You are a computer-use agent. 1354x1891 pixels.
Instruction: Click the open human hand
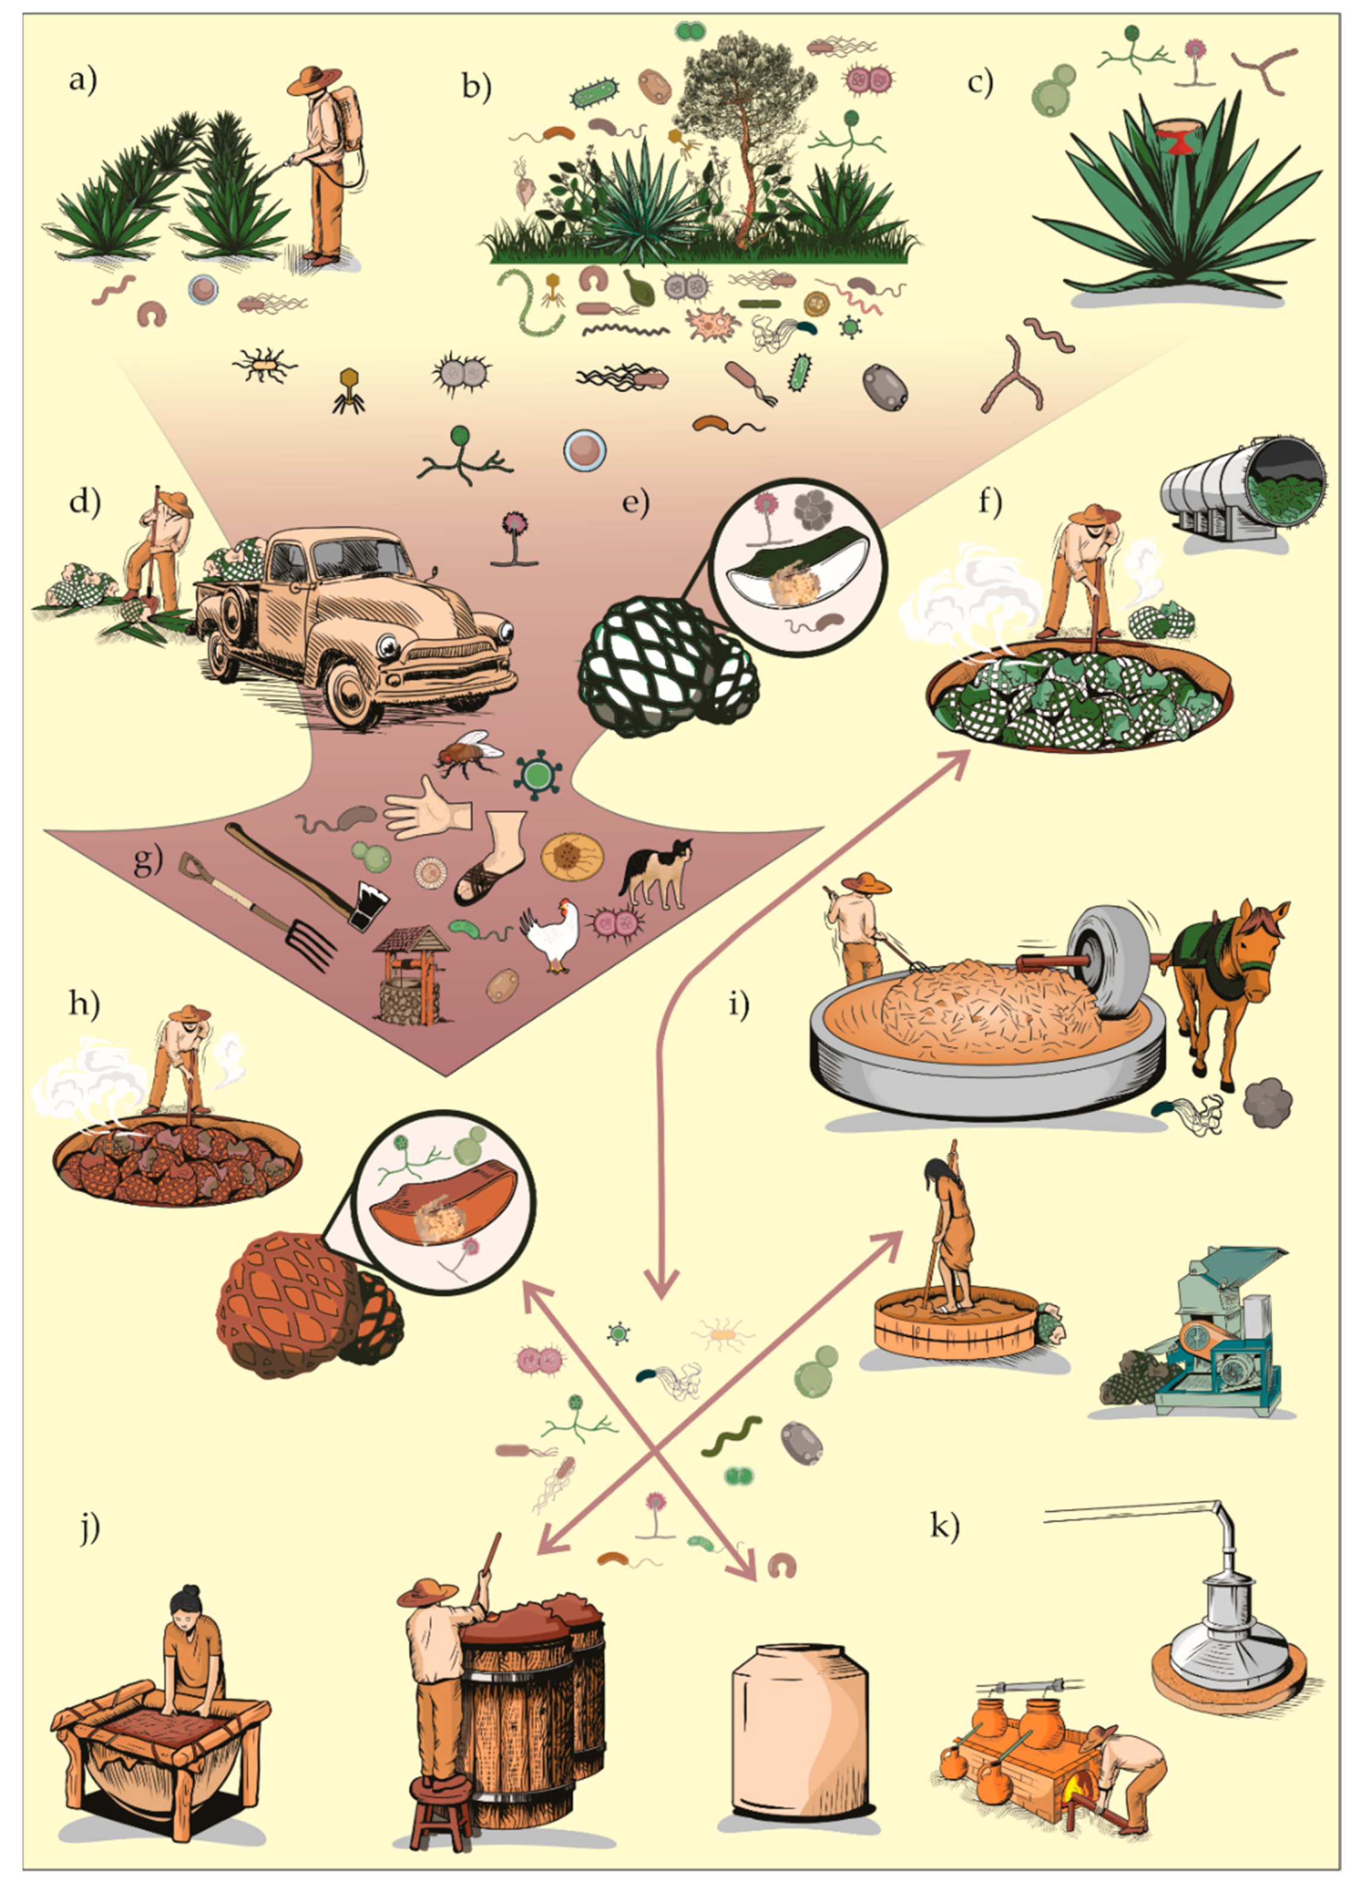click(428, 807)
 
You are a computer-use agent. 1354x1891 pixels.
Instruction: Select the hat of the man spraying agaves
click(314, 79)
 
